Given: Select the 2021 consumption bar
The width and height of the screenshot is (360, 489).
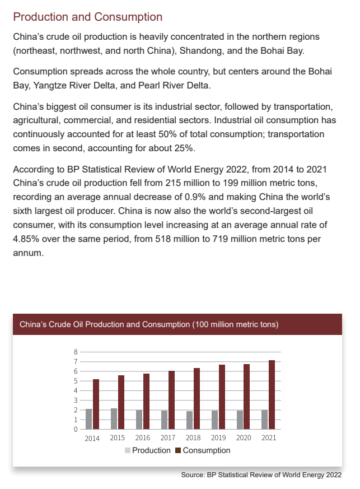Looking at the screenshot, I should (x=272, y=395).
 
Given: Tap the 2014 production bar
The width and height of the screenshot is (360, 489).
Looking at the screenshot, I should (x=88, y=419).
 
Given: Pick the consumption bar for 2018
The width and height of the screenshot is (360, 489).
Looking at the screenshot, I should (x=197, y=399).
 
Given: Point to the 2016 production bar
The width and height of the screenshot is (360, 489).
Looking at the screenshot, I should (x=139, y=420).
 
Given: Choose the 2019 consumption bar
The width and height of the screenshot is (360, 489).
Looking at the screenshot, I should (x=222, y=397).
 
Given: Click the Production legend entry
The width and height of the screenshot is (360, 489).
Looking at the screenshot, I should (x=148, y=450).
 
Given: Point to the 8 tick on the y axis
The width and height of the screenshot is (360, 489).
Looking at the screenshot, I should (x=76, y=352).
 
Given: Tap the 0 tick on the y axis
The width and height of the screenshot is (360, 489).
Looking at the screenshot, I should (x=76, y=430).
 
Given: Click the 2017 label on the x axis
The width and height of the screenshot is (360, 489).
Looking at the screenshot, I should (x=168, y=438).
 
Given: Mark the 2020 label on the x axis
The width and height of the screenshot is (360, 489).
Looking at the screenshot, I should (x=244, y=438).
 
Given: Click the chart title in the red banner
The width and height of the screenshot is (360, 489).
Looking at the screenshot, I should (x=149, y=324).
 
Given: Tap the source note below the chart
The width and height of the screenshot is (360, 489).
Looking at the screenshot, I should (x=261, y=475).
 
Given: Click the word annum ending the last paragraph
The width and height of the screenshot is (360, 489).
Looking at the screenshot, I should (x=27, y=253).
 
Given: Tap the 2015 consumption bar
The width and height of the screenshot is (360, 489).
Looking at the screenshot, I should (x=121, y=402).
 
